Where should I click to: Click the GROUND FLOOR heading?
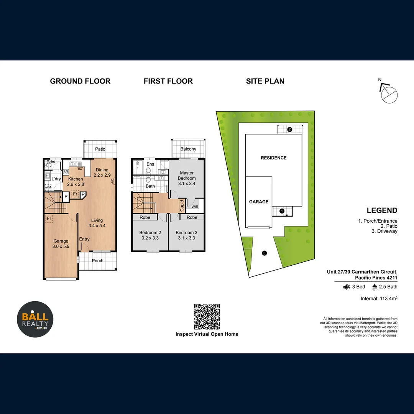pyautogui.click(x=80, y=81)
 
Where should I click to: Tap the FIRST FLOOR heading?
pyautogui.click(x=168, y=81)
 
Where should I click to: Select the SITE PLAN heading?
pyautogui.click(x=265, y=81)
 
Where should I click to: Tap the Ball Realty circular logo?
pyautogui.click(x=35, y=319)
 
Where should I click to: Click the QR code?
pyautogui.click(x=207, y=317)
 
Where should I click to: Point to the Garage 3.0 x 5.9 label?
pyautogui.click(x=61, y=244)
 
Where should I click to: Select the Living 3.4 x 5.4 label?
pyautogui.click(x=97, y=223)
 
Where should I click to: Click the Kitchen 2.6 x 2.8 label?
pyautogui.click(x=76, y=182)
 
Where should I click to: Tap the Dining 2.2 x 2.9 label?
pyautogui.click(x=102, y=172)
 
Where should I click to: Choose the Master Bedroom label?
pyautogui.click(x=187, y=178)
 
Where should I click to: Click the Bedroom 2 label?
pyautogui.click(x=150, y=235)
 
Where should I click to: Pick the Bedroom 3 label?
pyautogui.click(x=187, y=235)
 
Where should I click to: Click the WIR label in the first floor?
pyautogui.click(x=195, y=207)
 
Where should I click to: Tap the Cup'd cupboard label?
pyautogui.click(x=182, y=205)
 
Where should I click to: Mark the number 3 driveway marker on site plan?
pyautogui.click(x=264, y=253)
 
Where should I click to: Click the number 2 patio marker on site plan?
pyautogui.click(x=290, y=130)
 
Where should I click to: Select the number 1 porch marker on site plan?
pyautogui.click(x=282, y=211)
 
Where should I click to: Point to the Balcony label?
pyautogui.click(x=188, y=149)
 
